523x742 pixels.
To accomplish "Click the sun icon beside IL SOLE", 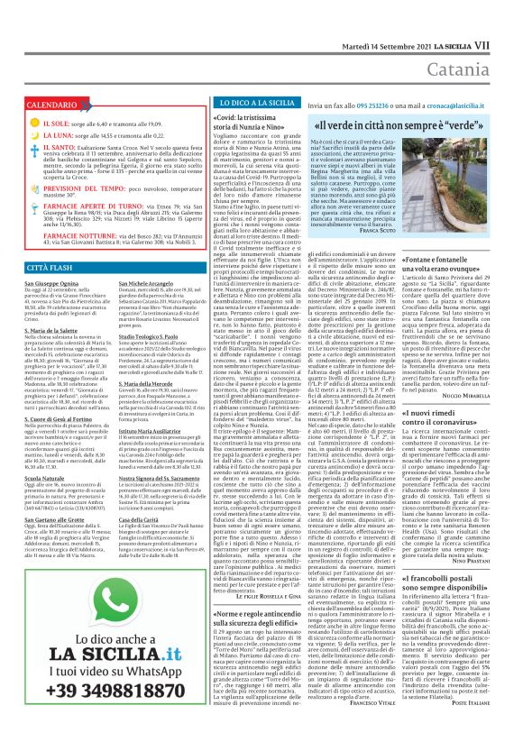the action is point(31,123).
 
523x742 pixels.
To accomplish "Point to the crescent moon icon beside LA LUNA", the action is point(31,135).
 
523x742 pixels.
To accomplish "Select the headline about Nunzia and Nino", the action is point(253,126).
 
